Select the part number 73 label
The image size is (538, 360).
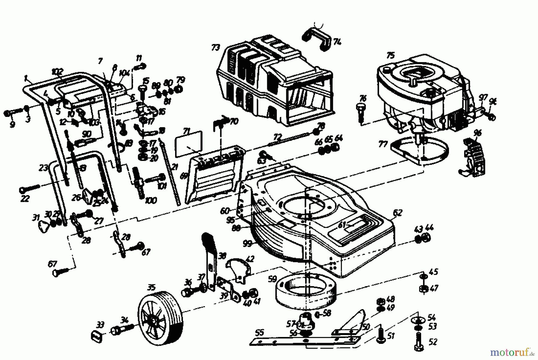click(216, 48)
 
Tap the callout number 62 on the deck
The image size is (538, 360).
click(398, 213)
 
